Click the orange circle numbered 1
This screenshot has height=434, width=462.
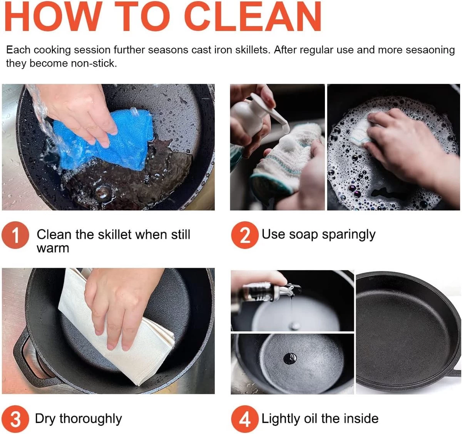[x=15, y=235]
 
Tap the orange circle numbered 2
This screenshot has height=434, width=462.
[x=245, y=235]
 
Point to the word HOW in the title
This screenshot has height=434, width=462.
[x=53, y=16]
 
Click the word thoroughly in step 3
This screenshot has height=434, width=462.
[x=91, y=419]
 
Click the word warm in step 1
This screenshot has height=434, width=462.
[x=53, y=249]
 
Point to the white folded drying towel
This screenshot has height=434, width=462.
[x=116, y=335]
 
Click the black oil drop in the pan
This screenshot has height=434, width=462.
[x=290, y=359]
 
